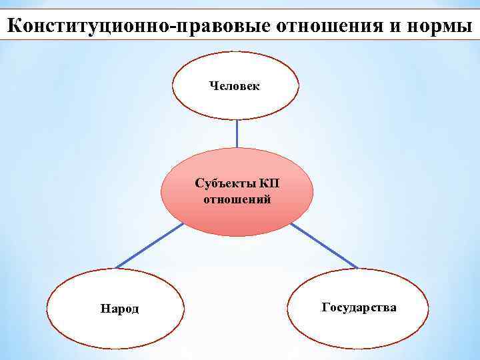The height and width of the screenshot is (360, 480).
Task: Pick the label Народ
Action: pos(120,309)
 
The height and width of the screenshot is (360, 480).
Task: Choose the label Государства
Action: pos(359,307)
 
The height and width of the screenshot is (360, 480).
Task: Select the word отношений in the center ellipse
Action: pos(237,199)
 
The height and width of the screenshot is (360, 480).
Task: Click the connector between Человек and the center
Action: pos(237,133)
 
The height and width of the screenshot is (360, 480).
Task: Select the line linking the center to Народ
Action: pos(150,245)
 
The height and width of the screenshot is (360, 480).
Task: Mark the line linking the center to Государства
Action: pos(324,245)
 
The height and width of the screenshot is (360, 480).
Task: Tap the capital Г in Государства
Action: pos(325,307)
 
